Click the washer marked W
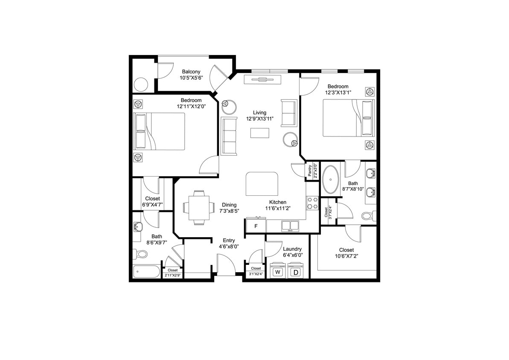(278, 271)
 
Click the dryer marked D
(297, 271)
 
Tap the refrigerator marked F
(256, 226)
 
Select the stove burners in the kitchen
(312, 203)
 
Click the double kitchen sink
(290, 226)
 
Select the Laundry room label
(292, 249)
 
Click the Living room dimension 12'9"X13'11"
(259, 119)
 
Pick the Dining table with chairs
(199, 207)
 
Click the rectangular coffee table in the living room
(259, 133)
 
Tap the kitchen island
(262, 183)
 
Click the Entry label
(229, 241)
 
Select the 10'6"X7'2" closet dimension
(346, 256)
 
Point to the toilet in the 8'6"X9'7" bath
(140, 254)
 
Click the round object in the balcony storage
(141, 84)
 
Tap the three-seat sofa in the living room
(229, 136)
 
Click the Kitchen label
(277, 202)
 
